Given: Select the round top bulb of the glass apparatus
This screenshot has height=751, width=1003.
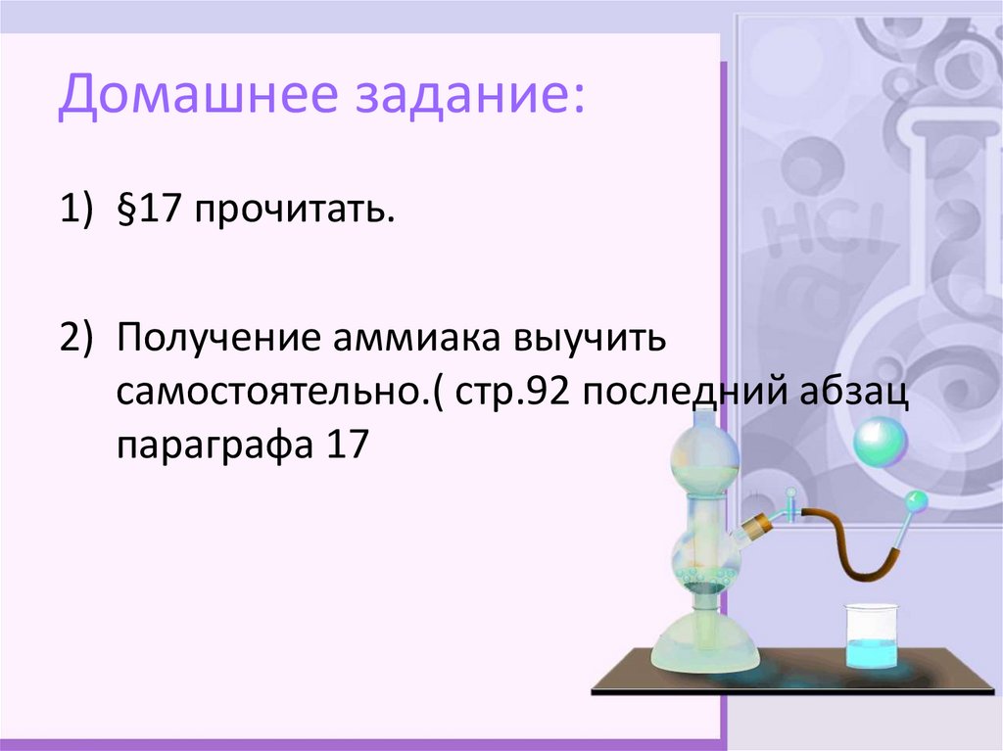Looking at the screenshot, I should click(704, 454).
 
